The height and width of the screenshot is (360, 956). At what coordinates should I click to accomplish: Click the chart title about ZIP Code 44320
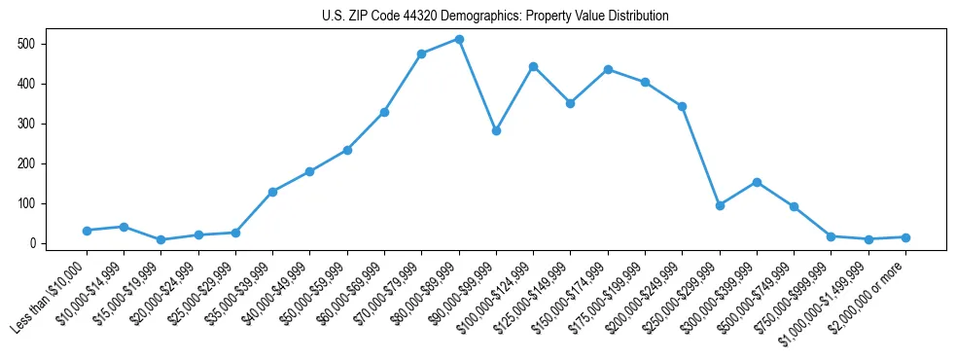point(495,17)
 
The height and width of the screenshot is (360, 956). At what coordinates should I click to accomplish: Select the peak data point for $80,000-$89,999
point(459,39)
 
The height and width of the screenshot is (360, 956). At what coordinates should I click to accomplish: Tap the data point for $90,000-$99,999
point(496,130)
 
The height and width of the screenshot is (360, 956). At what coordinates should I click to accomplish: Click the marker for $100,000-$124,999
point(533,66)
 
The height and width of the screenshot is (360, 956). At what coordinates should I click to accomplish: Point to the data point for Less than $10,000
point(87,231)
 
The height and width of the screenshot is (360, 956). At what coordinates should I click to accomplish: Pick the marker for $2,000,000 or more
point(905,237)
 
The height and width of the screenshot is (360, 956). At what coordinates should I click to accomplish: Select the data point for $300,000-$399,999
point(757,182)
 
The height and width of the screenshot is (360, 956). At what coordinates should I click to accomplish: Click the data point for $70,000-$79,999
point(421,54)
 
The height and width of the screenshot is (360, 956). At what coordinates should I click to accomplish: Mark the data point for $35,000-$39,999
point(272,192)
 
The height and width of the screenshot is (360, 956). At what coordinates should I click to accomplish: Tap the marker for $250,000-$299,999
point(720,205)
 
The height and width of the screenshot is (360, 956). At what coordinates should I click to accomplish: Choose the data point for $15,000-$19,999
point(160,239)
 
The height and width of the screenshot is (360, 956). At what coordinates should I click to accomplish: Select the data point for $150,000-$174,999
point(608,69)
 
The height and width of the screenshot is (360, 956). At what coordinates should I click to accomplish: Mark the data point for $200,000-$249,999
point(682,106)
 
